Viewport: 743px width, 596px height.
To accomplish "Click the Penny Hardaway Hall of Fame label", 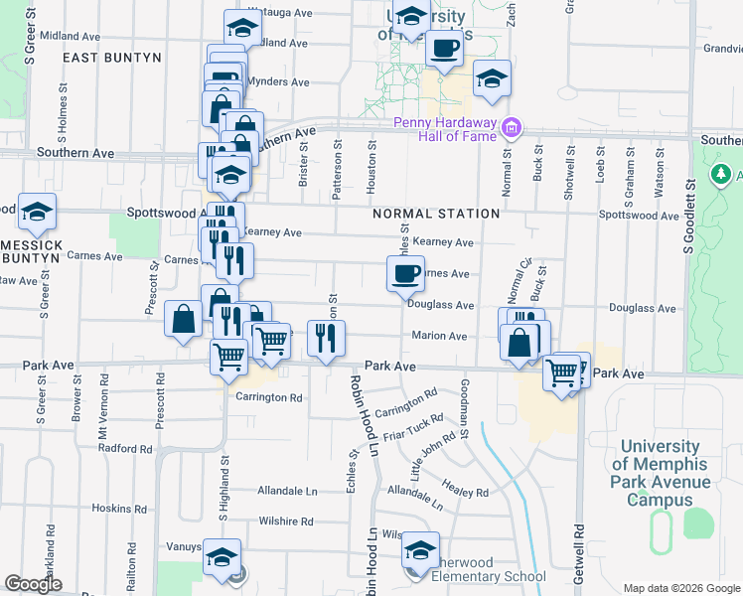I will [444, 129].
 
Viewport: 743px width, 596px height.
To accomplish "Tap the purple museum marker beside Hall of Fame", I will [512, 127].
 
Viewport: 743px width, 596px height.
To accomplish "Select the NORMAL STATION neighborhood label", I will [436, 214].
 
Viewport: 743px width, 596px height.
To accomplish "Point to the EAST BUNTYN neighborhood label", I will [111, 59].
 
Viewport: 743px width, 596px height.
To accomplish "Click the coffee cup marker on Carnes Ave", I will [404, 274].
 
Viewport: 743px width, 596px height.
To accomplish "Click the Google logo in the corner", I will [34, 584].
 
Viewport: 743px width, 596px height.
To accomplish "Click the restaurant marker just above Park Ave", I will [327, 339].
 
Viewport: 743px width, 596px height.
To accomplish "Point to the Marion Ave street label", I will [439, 336].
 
